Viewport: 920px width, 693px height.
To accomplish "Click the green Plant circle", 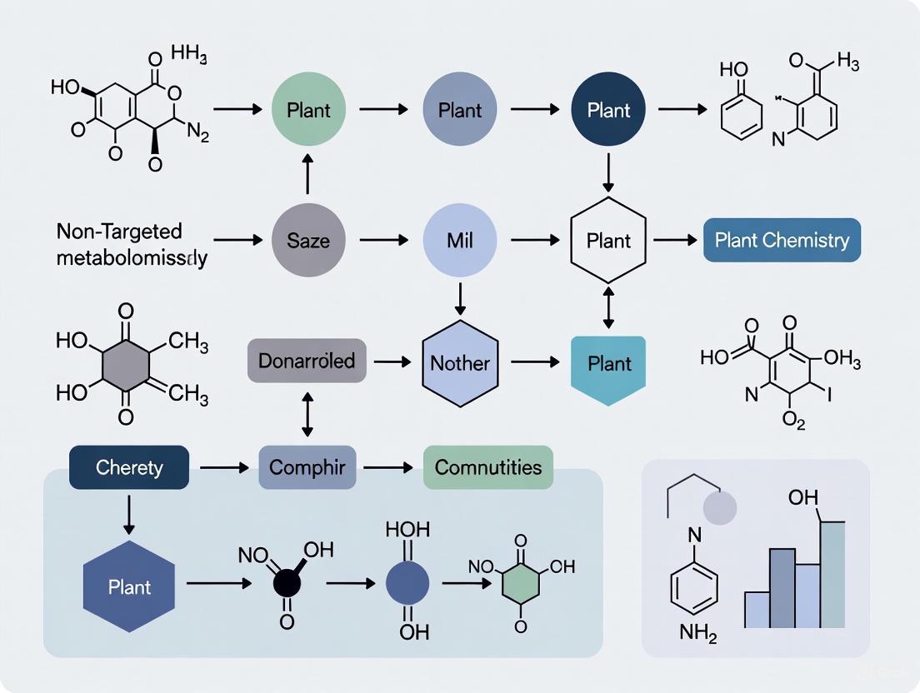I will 308,110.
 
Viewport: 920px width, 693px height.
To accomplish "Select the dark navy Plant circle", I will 608,110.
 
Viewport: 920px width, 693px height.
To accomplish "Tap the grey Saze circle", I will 308,241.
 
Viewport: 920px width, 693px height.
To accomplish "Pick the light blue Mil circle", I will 459,241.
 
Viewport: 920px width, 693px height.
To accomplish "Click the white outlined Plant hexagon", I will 608,241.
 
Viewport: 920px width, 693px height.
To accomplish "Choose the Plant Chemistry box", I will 782,241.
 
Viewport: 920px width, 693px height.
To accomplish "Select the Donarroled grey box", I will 307,361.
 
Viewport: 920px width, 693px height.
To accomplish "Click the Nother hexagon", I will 459,363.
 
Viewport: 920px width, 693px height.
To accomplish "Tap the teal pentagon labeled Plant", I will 608,366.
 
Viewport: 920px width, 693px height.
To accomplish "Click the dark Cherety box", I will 129,467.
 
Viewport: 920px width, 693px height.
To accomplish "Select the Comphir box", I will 307,467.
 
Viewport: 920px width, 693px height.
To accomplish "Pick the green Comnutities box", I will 487,467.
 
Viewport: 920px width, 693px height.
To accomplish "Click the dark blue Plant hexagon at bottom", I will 129,586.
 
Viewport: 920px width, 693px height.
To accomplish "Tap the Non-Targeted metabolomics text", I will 132,244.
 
